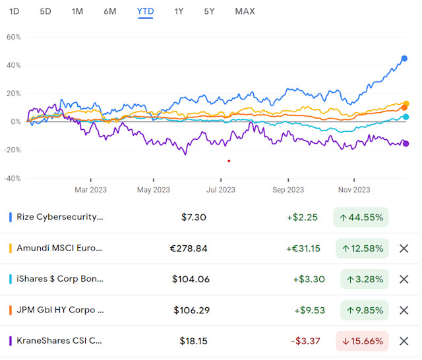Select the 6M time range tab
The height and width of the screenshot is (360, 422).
click(110, 11)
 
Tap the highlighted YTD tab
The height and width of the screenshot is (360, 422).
click(144, 11)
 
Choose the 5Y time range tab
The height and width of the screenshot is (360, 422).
click(209, 11)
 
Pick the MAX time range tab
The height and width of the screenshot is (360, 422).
click(245, 11)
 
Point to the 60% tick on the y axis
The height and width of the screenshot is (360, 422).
click(14, 37)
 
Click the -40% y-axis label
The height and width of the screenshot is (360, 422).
click(13, 178)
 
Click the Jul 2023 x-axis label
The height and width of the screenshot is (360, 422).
click(221, 190)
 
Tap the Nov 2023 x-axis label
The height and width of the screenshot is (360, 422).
click(354, 190)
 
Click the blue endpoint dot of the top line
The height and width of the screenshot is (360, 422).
click(404, 59)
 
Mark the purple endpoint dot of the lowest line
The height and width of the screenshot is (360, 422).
click(406, 144)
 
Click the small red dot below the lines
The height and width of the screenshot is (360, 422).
click(229, 161)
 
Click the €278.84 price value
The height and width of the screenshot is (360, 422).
click(189, 248)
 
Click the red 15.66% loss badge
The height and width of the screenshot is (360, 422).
click(364, 341)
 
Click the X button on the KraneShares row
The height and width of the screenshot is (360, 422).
click(404, 341)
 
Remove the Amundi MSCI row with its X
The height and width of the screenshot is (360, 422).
click(404, 248)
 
